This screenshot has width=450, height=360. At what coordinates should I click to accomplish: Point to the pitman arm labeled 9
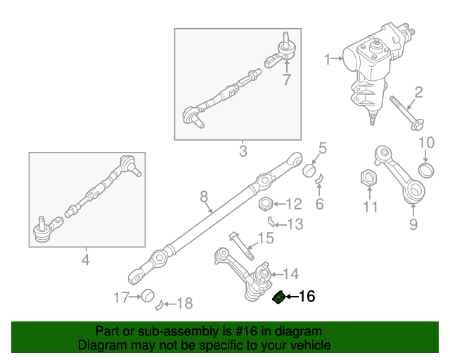coord(400,176)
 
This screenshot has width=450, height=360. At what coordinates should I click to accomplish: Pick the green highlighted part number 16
coord(278,297)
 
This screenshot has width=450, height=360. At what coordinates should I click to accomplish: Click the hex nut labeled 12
coord(266,205)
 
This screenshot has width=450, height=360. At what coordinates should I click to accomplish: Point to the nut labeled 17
coord(147,296)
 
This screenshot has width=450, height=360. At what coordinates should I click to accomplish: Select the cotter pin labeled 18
coord(162,304)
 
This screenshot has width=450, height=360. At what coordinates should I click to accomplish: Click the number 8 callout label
coord(203,196)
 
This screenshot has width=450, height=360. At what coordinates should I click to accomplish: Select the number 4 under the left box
coord(86,260)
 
